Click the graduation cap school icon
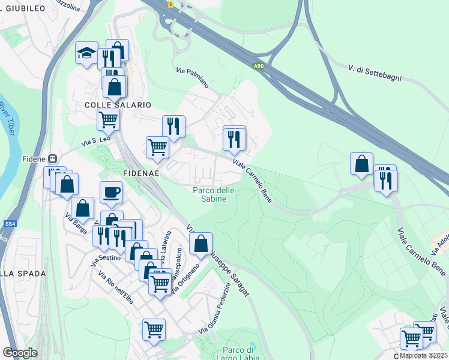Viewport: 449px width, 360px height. click(86, 53)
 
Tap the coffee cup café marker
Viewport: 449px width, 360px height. click(111, 193)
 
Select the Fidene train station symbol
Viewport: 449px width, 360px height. click(52, 159)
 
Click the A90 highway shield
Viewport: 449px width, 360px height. click(258, 67)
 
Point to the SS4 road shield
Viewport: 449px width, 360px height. click(9, 224)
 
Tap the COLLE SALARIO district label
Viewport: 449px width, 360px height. click(114, 104)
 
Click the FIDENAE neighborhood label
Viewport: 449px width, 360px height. click(141, 173)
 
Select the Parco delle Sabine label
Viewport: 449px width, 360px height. click(209, 194)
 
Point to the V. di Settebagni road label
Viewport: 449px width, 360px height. click(374, 70)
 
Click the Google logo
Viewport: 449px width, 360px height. click(20, 353)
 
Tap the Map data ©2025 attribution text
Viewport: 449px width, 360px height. click(423, 355)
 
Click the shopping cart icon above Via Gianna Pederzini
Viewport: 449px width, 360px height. click(154, 329)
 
